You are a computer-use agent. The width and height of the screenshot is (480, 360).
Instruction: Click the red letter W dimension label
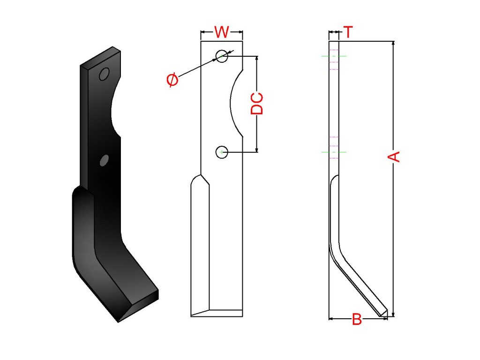click(222, 32)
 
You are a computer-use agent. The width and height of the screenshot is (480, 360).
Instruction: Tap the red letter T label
click(348, 32)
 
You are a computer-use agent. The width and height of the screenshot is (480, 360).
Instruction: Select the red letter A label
click(394, 156)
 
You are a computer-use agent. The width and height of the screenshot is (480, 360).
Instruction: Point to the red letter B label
click(357, 319)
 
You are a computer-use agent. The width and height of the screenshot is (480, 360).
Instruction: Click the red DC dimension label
click(257, 103)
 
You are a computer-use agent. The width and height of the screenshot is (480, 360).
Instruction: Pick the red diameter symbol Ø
click(172, 80)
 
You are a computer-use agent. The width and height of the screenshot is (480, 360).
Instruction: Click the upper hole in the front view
click(222, 56)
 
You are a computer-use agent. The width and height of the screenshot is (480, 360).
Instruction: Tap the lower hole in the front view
click(222, 152)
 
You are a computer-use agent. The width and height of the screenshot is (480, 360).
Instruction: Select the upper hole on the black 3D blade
click(104, 74)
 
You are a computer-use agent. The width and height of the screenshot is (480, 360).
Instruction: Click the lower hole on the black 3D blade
click(104, 160)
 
